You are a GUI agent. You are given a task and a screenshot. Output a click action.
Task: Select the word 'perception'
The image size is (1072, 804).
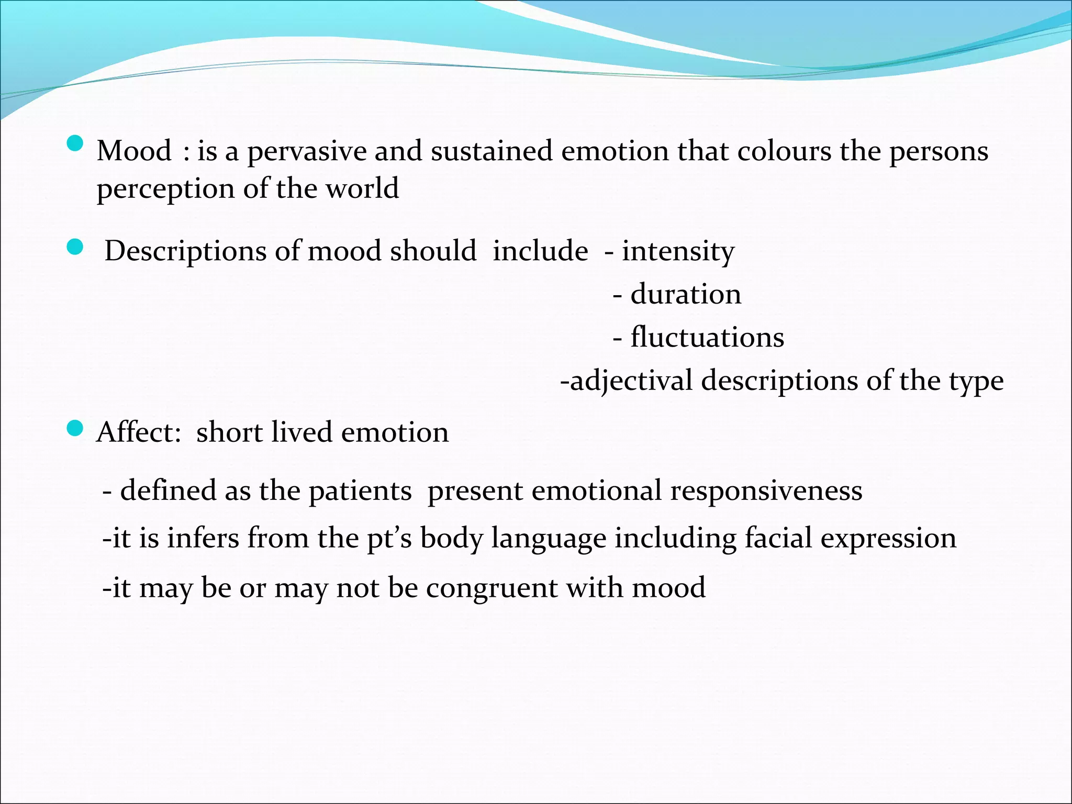point(165,189)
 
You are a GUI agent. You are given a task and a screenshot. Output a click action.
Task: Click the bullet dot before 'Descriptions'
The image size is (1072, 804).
point(75,247)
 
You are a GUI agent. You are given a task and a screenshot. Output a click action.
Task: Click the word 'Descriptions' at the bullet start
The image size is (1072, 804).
point(185,252)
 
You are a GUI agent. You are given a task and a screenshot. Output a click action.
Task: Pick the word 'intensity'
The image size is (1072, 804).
point(678,252)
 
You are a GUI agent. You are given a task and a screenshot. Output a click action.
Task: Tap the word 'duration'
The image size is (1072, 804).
point(686,294)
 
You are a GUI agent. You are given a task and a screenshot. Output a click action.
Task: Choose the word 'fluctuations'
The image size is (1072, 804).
point(707,337)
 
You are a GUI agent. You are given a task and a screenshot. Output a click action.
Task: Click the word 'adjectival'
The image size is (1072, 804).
point(631,381)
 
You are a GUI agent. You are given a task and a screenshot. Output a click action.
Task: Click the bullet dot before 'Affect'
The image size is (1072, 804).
point(75,429)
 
